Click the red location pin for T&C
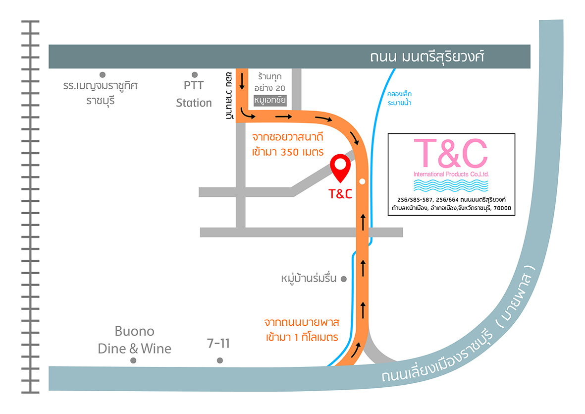[x=340, y=167]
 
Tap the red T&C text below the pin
[x=340, y=194]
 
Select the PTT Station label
[x=194, y=94]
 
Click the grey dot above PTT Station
[x=194, y=74]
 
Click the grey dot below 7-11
[x=220, y=360]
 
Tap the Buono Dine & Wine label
[x=134, y=340]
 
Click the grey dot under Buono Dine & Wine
[x=133, y=360]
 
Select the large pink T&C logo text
[x=451, y=153]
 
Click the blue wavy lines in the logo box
[x=451, y=186]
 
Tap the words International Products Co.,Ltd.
[x=451, y=175]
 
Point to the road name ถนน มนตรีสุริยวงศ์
[x=427, y=57]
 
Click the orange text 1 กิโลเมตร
[x=313, y=338]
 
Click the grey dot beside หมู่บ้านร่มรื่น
[x=343, y=279]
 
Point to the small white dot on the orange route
[x=363, y=181]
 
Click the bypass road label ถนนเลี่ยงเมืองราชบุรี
[x=436, y=362]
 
